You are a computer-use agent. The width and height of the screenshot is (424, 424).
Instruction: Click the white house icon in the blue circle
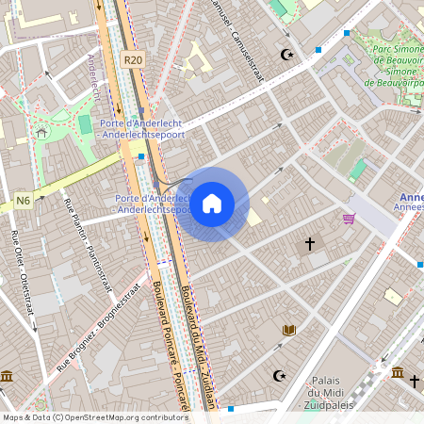pyautogui.click(x=212, y=204)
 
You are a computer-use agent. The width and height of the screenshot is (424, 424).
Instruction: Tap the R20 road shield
pyautogui.click(x=133, y=59)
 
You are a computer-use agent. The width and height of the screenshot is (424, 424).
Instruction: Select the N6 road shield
pyautogui.click(x=23, y=200)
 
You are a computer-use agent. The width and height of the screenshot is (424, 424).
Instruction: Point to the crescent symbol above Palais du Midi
pyautogui.click(x=279, y=376)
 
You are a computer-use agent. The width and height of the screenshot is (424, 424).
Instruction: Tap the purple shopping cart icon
pyautogui.click(x=350, y=219)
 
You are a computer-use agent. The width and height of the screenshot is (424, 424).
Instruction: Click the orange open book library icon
pyautogui.click(x=289, y=330)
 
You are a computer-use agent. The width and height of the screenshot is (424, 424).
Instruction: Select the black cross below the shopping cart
pyautogui.click(x=309, y=244)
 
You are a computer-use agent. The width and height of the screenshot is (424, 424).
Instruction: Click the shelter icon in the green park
pyautogui.click(x=41, y=133)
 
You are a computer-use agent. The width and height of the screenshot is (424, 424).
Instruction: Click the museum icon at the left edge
pyautogui.click(x=7, y=377)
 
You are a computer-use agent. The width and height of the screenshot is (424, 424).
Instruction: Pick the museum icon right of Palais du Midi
pyautogui.click(x=399, y=372)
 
